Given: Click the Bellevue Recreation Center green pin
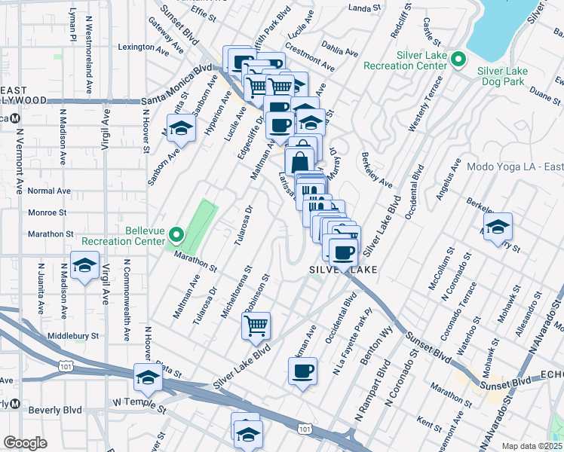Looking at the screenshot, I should pyautogui.click(x=176, y=235).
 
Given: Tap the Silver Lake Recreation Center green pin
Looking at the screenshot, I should pyautogui.click(x=457, y=59).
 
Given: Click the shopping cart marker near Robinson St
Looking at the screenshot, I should pyautogui.click(x=256, y=326).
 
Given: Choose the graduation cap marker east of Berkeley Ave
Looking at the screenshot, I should pyautogui.click(x=498, y=228).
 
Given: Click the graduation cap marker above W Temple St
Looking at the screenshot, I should pyautogui.click(x=148, y=378).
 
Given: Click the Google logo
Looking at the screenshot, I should pyautogui.click(x=25, y=443).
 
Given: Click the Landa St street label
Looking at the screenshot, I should pyautogui.click(x=366, y=8).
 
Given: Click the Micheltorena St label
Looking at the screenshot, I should pyautogui.click(x=236, y=291).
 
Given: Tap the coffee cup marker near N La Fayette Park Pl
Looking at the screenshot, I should pyautogui.click(x=302, y=371).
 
